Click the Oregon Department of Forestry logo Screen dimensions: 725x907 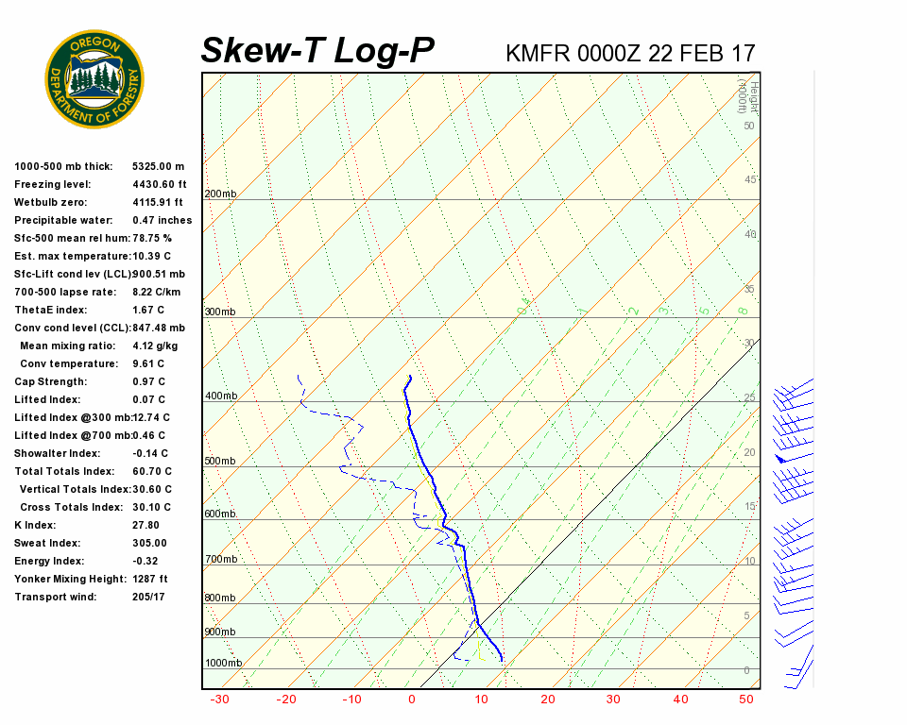point(94,79)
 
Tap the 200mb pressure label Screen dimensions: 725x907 point(220,194)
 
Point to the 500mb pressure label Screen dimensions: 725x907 point(220,462)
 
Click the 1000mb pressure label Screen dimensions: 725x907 point(223,664)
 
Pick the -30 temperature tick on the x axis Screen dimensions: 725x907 point(219,700)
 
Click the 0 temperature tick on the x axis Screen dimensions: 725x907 point(412,700)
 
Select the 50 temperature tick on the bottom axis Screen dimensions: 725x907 point(746,700)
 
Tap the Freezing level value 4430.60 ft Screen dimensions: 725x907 point(159,185)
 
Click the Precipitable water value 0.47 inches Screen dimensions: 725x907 point(162,221)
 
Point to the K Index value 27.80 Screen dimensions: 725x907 point(145,526)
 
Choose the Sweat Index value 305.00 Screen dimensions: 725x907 point(149,544)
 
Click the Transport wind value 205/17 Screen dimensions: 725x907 point(149,598)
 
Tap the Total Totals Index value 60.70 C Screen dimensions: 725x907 point(152,472)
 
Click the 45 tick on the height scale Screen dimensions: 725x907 point(750,180)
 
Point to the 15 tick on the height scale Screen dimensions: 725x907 point(750,507)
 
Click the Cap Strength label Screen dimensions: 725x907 point(51,382)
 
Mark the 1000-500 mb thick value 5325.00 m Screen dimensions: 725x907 point(158,167)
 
